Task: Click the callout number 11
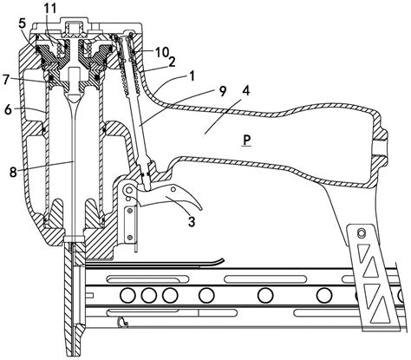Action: (49, 9)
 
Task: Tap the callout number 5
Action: (23, 23)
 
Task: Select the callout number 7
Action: (6, 79)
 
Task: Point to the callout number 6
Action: (9, 109)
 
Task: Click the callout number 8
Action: (14, 173)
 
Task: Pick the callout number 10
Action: (162, 52)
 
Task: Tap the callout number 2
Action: (173, 62)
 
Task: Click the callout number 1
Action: (192, 75)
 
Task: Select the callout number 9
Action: (223, 92)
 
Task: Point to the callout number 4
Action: (246, 91)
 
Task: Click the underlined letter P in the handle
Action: (246, 141)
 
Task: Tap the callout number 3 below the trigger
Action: (192, 222)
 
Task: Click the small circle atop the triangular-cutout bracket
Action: (361, 232)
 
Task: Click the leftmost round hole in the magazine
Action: (128, 296)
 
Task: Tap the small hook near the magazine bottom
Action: (123, 322)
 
